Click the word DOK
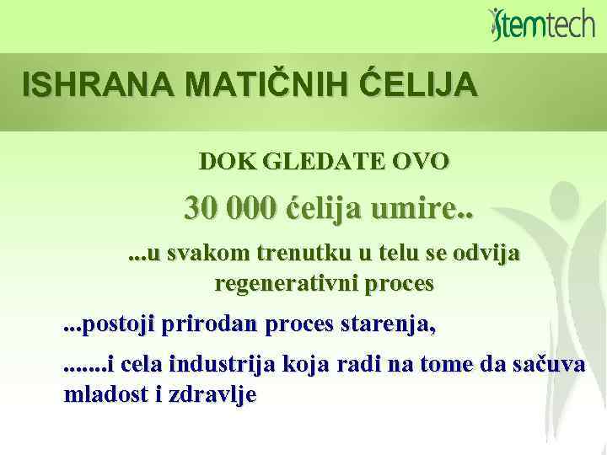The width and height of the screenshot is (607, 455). (x=222, y=161)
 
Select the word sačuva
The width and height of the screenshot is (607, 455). (x=549, y=366)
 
